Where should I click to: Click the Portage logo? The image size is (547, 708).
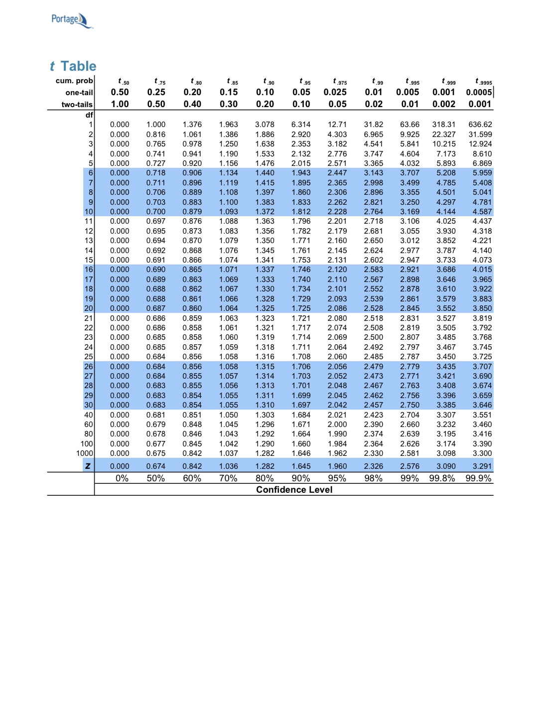tap(72, 20)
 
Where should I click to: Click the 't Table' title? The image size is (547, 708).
tap(73, 66)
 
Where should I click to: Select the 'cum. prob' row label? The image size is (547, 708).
tap(74, 81)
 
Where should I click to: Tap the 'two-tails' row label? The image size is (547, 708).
tap(77, 105)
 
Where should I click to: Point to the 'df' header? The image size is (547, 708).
tap(89, 115)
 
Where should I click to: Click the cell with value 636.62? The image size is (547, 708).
tap(480, 125)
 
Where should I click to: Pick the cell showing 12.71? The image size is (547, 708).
tap(337, 125)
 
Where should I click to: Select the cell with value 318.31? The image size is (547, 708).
tap(443, 125)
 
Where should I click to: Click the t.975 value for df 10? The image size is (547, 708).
tap(337, 212)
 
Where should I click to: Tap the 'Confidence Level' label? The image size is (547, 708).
tap(294, 490)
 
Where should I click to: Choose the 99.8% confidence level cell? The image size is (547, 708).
tap(442, 478)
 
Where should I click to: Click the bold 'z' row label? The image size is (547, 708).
tap(88, 466)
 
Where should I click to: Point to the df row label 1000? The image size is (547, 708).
tap(84, 453)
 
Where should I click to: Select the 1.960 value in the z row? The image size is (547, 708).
tap(337, 466)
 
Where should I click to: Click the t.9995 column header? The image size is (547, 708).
tap(483, 81)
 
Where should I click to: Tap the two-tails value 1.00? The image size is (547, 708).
tap(120, 104)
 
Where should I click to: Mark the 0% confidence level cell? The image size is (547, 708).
tap(122, 478)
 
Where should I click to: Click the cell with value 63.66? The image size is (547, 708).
tap(410, 125)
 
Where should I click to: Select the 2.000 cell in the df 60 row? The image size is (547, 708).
tap(337, 425)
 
